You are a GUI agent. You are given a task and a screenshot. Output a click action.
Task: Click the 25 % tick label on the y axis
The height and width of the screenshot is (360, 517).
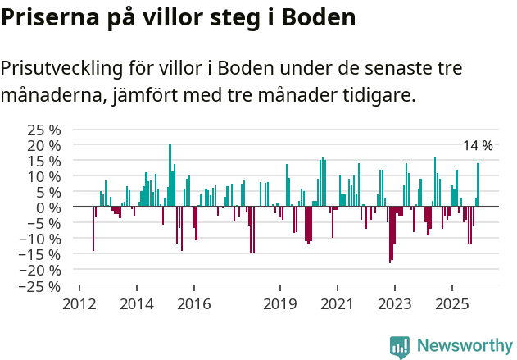pos(44,130)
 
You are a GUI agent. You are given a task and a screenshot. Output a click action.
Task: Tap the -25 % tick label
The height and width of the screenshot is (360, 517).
pos(42,287)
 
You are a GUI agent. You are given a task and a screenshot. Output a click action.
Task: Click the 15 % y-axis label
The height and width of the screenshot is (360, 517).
pos(44,162)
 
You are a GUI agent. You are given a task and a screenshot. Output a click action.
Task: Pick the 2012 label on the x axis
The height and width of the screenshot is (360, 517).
pos(79,304)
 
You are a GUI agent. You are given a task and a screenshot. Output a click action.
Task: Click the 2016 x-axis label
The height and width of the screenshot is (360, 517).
pos(193,304)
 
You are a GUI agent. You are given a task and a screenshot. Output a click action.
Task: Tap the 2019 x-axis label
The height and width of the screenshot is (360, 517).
pos(280,304)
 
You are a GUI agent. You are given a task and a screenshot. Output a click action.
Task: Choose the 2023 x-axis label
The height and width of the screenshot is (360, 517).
pos(394,304)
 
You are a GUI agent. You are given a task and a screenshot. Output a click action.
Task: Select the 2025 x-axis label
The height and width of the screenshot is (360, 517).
pos(452,304)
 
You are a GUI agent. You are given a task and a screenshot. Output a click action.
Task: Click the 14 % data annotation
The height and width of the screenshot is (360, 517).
pos(478,146)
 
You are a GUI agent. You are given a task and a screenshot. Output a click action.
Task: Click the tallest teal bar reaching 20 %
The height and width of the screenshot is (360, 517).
pos(170,175)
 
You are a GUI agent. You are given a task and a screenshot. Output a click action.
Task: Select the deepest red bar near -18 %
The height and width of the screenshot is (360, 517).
pos(390,235)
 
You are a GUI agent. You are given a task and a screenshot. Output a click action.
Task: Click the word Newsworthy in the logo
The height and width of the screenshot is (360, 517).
pos(464,346)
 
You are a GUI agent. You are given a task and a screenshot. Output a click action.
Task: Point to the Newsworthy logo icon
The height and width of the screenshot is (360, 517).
pos(400,347)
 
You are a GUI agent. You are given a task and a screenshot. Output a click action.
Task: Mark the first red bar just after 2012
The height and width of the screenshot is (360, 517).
pos(93,229)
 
